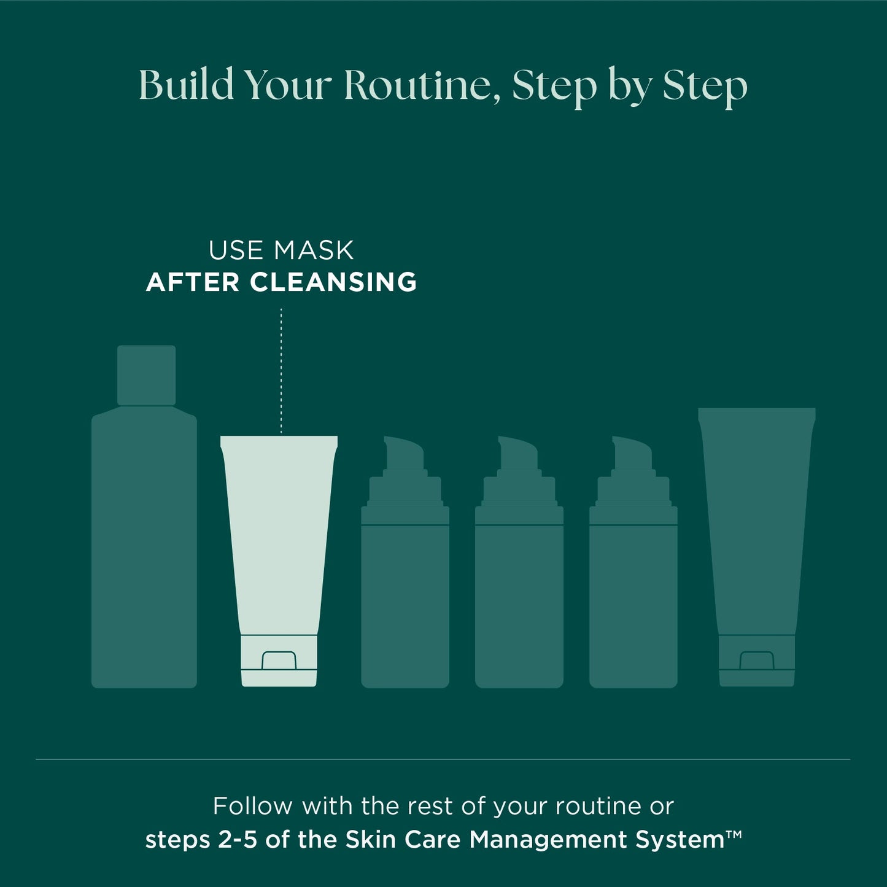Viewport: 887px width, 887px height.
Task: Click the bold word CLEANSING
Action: point(333,282)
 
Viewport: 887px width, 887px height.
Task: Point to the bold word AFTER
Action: point(193,282)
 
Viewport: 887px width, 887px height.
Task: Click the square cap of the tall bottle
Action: point(146,376)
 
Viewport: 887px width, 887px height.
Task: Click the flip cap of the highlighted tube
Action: point(279,661)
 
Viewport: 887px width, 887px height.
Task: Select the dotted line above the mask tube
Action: point(281,371)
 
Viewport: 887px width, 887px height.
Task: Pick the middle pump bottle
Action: point(519,562)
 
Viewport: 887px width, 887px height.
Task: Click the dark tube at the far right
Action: point(757,548)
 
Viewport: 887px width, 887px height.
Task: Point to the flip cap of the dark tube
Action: point(757,661)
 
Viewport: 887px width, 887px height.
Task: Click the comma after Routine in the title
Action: point(497,99)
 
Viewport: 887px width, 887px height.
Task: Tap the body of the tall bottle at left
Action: point(144,547)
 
